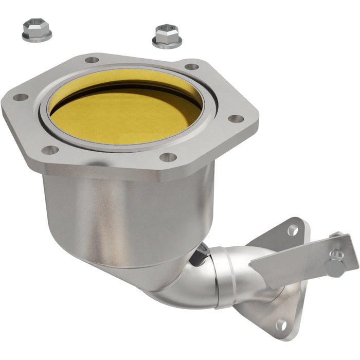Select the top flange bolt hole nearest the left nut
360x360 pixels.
coord(92,60)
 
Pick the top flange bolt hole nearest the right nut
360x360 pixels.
coord(191,66)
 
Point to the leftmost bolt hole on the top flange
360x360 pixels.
coord(20,97)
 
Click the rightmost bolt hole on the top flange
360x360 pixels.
coord(236,119)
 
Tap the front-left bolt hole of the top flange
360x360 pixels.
coord(50,150)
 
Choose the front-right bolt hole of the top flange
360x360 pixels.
coord(168,157)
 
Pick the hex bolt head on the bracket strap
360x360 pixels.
coord(335,266)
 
